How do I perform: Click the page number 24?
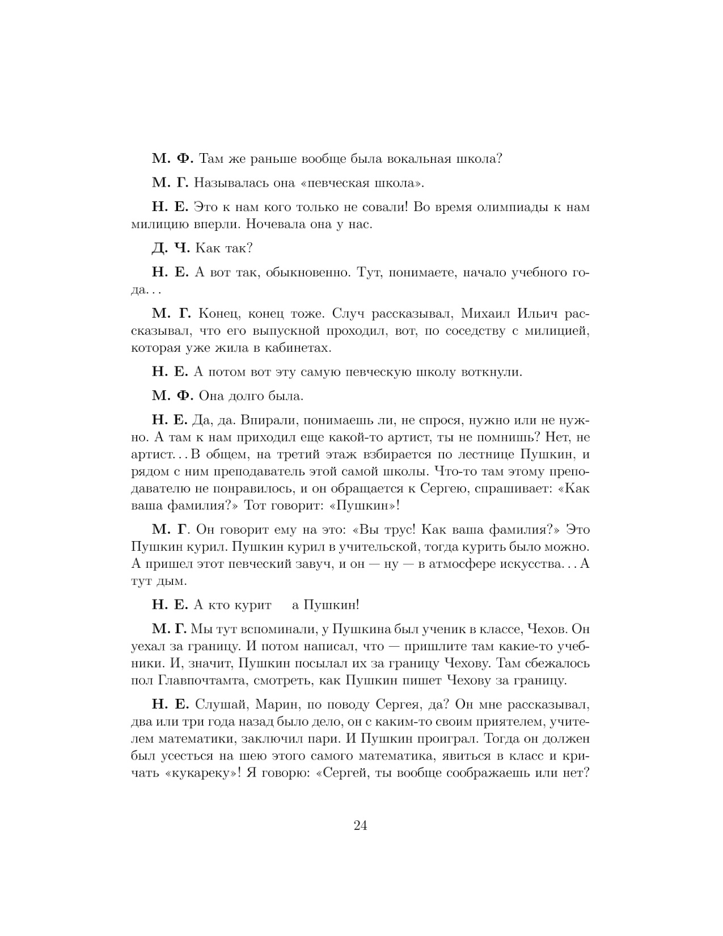tap(361, 825)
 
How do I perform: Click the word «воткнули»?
tap(487, 372)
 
